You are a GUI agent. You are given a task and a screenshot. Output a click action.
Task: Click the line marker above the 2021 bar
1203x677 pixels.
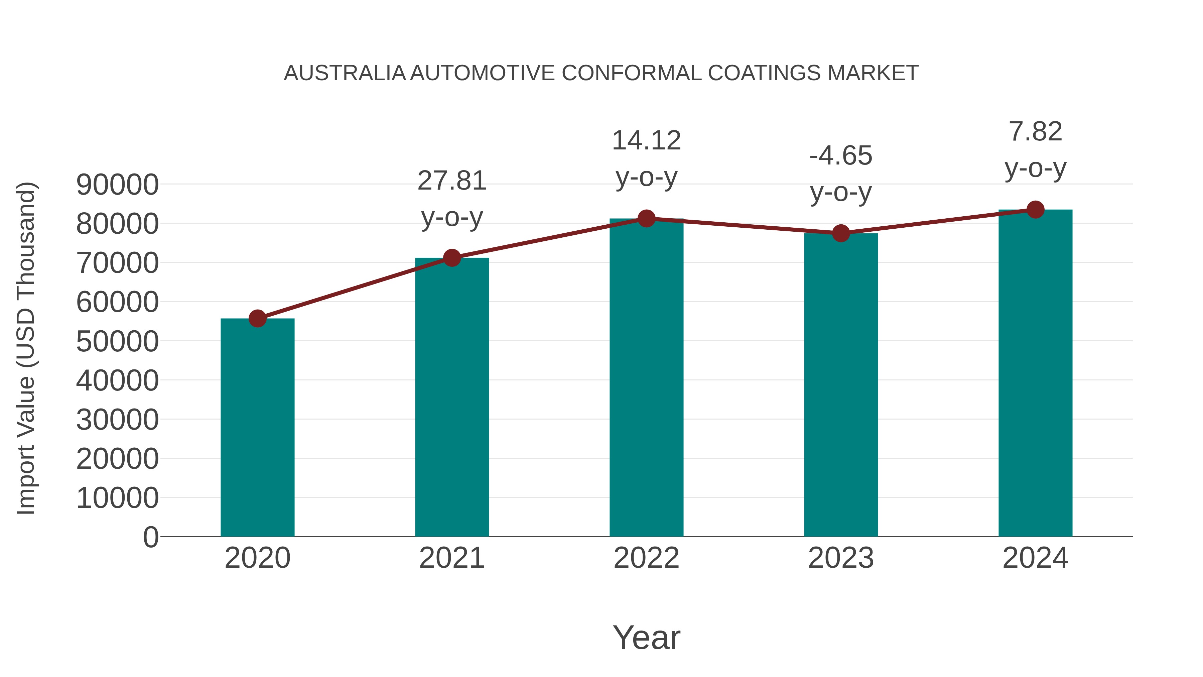tap(451, 257)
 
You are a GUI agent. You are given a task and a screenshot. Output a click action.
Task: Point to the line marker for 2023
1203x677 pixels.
tap(841, 233)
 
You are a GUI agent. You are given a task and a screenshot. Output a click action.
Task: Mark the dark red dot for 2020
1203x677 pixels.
tap(257, 319)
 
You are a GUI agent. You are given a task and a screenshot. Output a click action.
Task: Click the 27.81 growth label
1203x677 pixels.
tap(451, 181)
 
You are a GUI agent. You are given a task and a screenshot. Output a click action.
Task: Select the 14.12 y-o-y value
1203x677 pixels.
tap(646, 141)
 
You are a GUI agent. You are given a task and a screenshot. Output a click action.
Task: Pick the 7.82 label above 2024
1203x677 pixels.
tap(1035, 131)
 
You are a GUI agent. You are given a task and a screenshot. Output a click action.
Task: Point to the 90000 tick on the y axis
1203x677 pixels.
tap(117, 185)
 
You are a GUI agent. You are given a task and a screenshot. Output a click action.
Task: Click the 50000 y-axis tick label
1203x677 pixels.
tap(117, 342)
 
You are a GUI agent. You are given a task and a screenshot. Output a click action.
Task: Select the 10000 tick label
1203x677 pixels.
tap(117, 498)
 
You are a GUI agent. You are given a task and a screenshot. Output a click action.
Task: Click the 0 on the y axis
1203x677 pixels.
tap(151, 537)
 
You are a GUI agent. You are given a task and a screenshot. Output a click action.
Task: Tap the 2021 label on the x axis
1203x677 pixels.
tap(451, 558)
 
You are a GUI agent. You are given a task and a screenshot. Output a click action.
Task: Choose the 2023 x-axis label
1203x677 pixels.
tap(841, 558)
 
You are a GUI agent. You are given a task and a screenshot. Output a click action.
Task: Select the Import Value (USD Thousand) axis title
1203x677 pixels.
tap(26, 348)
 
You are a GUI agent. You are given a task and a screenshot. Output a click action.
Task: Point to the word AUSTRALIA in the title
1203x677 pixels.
tap(345, 73)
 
